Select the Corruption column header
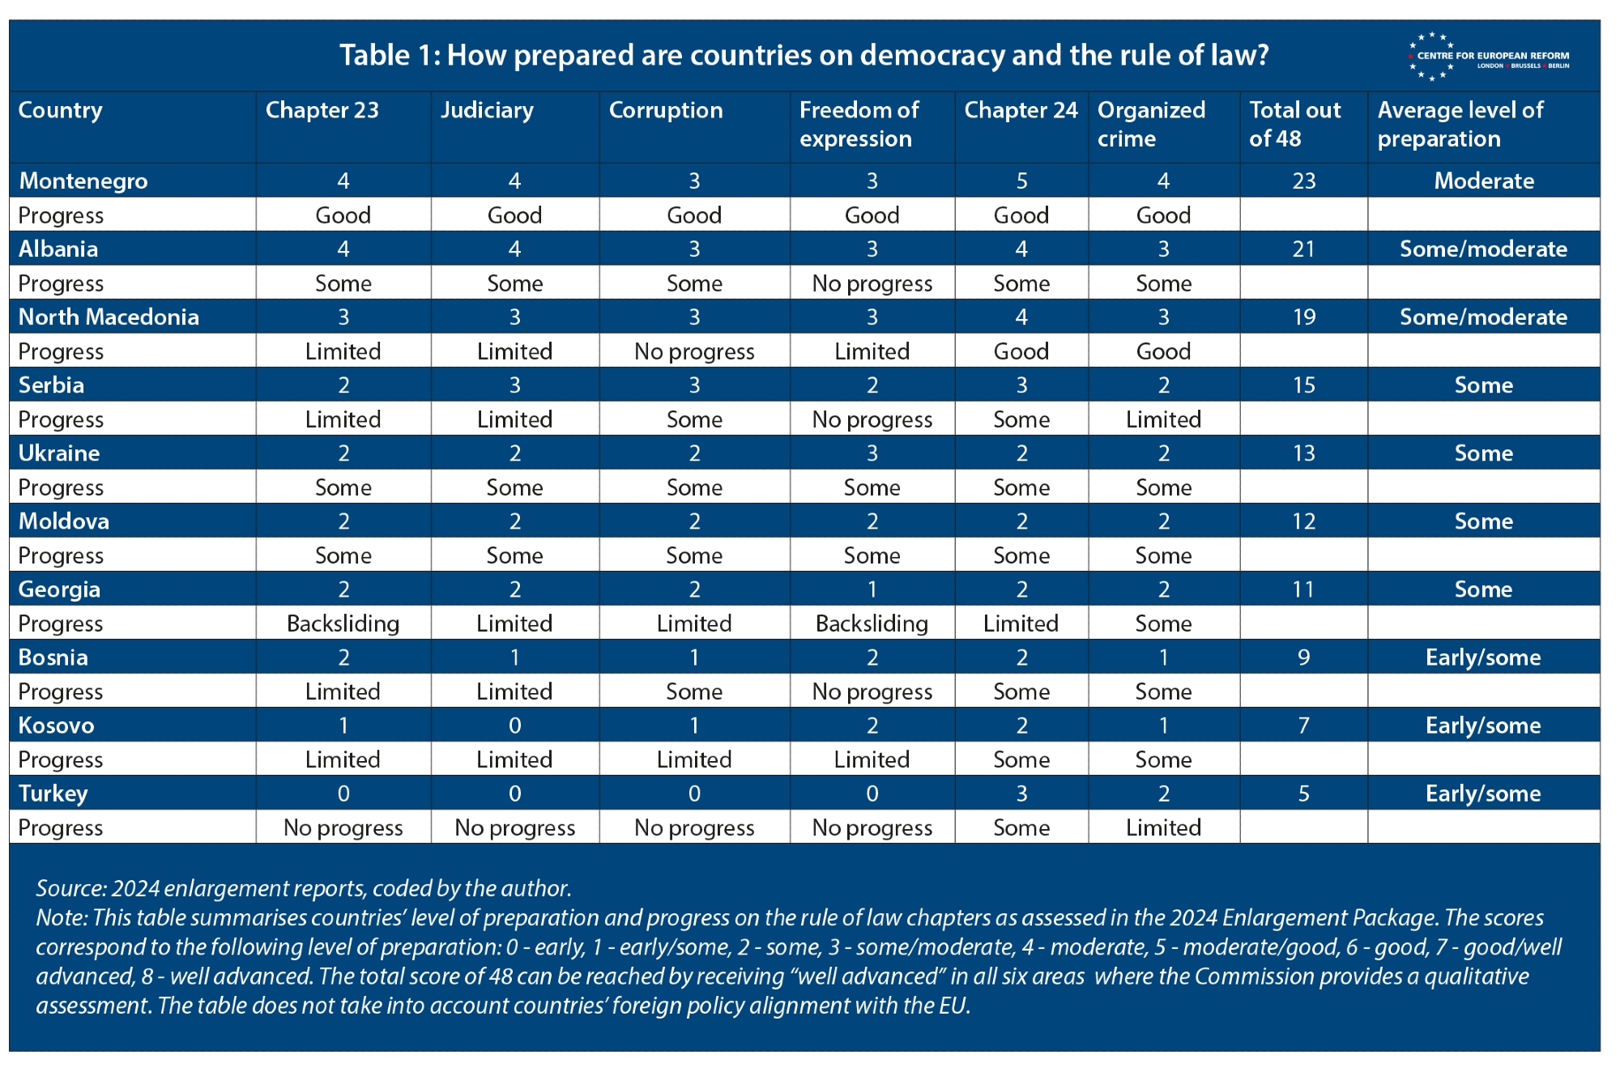pos(665,110)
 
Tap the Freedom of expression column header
pos(859,124)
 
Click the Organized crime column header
pos(1150,124)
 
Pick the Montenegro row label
pos(83,181)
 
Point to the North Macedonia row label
pos(109,317)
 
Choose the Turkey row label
pos(53,793)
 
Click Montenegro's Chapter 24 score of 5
pos(1021,181)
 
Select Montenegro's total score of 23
pos(1303,181)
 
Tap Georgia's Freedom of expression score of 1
pos(872,589)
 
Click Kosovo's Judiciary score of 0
pos(514,725)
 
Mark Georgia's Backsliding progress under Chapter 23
pos(343,623)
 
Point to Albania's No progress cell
pos(872,283)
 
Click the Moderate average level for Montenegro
pos(1483,181)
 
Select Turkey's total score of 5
pos(1303,793)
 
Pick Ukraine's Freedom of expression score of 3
pos(872,453)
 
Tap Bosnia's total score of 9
pos(1303,657)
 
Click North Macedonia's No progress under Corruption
pos(694,351)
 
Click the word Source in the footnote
pos(70,888)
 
